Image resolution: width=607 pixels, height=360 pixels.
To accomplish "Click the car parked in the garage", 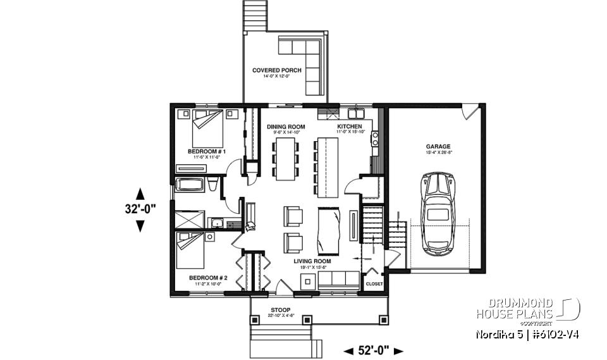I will (438, 213).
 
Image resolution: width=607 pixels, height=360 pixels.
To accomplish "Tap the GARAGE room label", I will (438, 146).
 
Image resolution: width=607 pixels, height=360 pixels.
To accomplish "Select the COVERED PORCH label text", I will (277, 70).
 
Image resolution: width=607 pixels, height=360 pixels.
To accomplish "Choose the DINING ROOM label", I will (286, 127).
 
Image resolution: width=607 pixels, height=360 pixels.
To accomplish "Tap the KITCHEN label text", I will (349, 127).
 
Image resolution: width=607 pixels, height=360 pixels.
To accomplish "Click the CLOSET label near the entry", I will (374, 284).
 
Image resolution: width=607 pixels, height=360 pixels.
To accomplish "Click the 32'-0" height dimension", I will (140, 208).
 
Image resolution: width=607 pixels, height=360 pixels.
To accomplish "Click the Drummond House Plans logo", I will (527, 307).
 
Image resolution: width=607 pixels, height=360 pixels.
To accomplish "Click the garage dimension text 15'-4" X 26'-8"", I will (438, 152).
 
